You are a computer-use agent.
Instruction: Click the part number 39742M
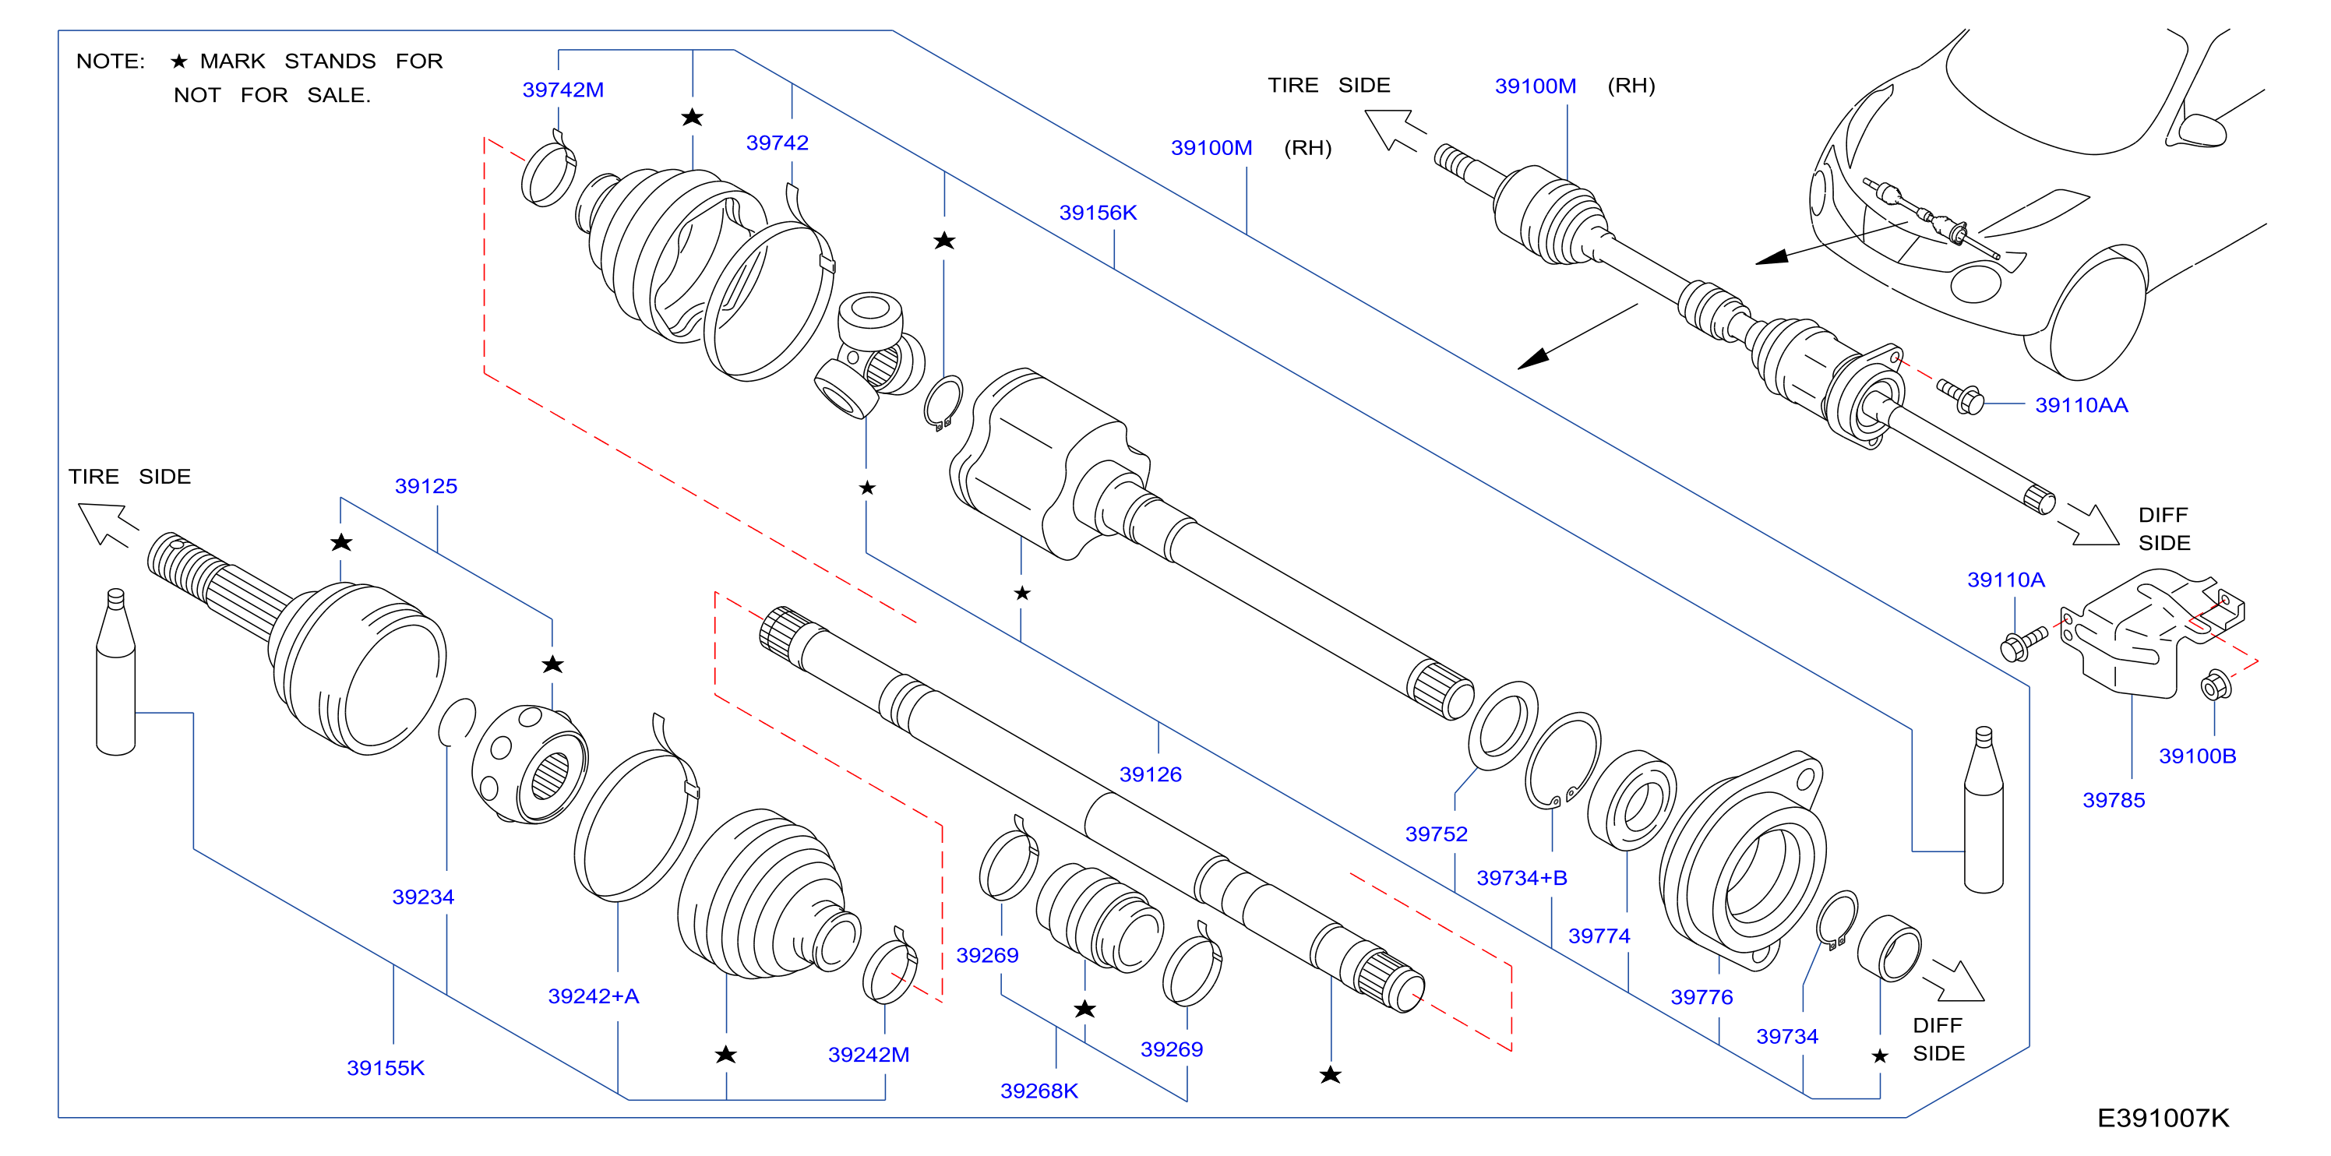[562, 90]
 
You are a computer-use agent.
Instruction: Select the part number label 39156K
[1098, 213]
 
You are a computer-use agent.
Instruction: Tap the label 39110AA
[2081, 405]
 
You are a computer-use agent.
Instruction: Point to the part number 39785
[2114, 799]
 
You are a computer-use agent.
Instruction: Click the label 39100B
[2197, 756]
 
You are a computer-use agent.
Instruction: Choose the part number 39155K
[386, 1068]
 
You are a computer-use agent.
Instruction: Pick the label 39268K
[1039, 1091]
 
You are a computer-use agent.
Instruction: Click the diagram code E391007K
[2163, 1118]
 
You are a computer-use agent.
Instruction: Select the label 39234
[422, 897]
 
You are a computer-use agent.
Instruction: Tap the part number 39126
[1150, 774]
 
